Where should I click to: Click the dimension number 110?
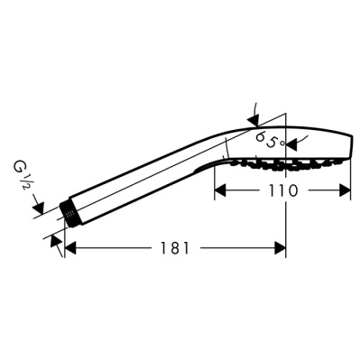click(x=282, y=190)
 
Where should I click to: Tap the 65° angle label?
click(x=268, y=140)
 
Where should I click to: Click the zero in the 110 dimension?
click(x=294, y=190)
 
